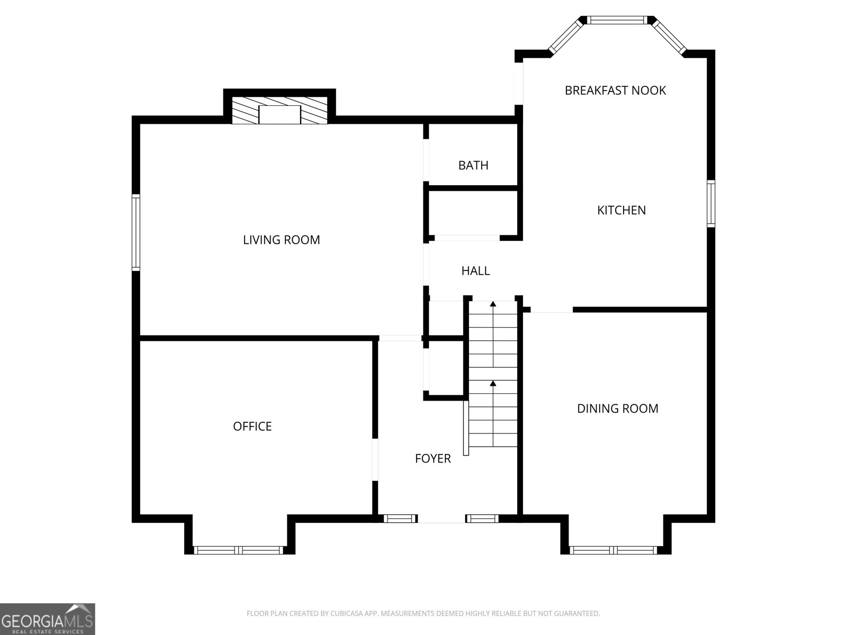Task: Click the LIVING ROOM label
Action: click(x=281, y=240)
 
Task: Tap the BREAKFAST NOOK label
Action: click(x=615, y=90)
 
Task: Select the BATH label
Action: click(x=473, y=166)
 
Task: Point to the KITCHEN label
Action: click(x=621, y=210)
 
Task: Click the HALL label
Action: click(x=475, y=271)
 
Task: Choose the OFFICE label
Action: click(x=252, y=427)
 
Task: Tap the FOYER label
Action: click(x=432, y=459)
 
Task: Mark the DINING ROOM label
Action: click(x=617, y=409)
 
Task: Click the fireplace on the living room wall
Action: click(x=280, y=112)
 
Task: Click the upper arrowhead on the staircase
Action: click(x=493, y=304)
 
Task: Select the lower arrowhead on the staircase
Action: click(x=493, y=383)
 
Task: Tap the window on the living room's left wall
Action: click(x=136, y=233)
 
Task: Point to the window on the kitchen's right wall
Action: click(x=711, y=204)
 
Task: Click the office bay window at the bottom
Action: click(x=239, y=550)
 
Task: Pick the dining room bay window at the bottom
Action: click(x=615, y=550)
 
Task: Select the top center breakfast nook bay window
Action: click(x=618, y=20)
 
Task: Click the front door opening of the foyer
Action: click(x=441, y=519)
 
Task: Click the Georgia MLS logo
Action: click(x=47, y=619)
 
